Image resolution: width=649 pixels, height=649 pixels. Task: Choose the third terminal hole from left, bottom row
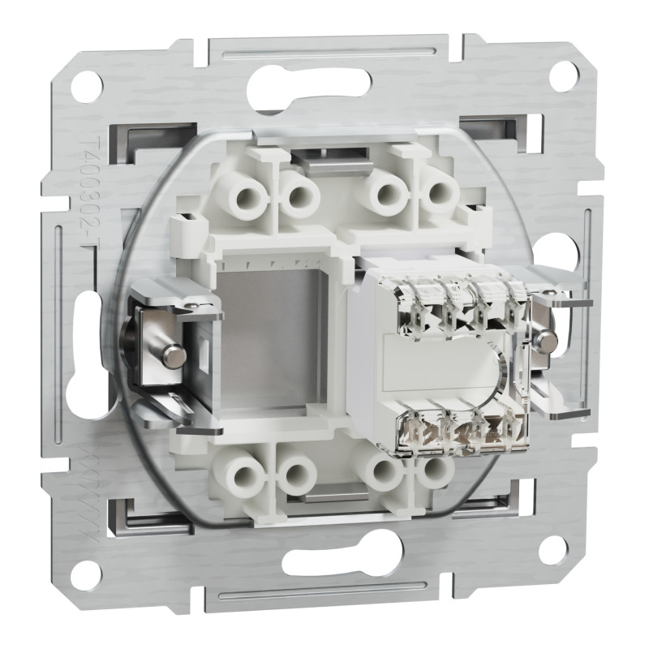[x=381, y=469]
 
